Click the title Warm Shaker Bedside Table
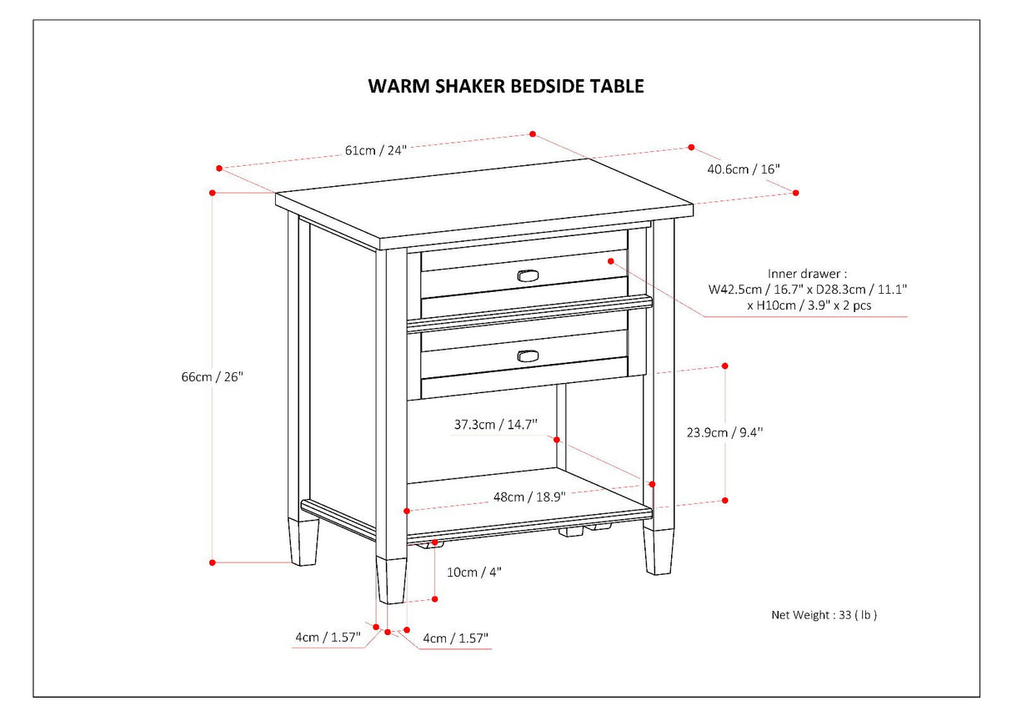[x=506, y=86]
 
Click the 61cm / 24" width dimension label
[x=375, y=150]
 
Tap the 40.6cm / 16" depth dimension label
[x=743, y=169]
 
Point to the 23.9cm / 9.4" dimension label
[x=724, y=432]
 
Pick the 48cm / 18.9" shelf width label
[x=529, y=497]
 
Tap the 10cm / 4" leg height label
[x=474, y=572]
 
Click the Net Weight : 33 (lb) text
[x=824, y=615]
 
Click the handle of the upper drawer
[x=529, y=275]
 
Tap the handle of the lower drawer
[x=529, y=356]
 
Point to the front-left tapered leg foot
[x=391, y=581]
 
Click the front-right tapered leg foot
[x=659, y=550]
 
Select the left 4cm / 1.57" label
[x=327, y=638]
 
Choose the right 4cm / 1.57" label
[x=455, y=639]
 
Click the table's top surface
[x=483, y=200]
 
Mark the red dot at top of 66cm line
[x=213, y=193]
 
